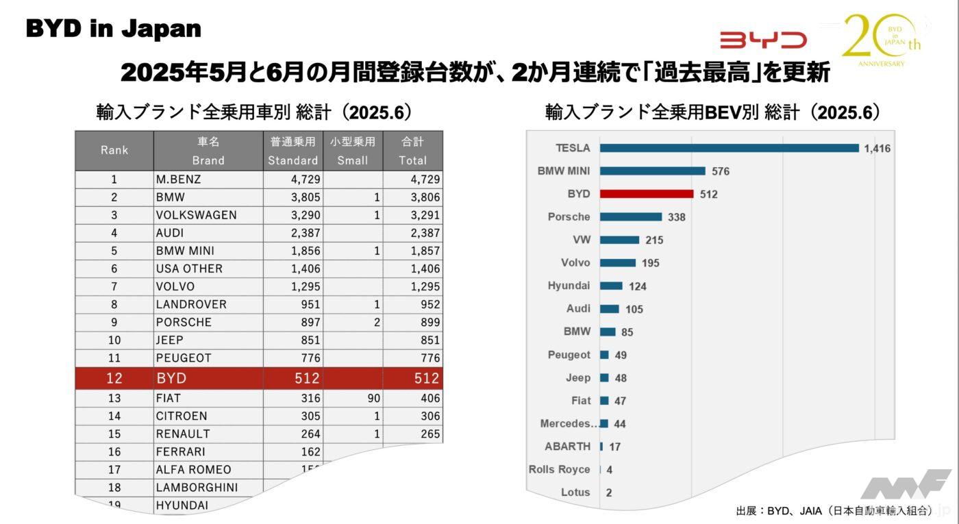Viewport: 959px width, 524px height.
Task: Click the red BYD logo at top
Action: click(762, 40)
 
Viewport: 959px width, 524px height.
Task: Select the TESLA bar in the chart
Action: click(729, 148)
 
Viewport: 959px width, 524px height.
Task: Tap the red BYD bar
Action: click(647, 194)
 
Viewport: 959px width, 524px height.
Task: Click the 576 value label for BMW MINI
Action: click(720, 171)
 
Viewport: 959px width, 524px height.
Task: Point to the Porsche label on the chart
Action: click(569, 216)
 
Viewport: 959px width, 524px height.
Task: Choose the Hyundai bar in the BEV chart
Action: click(611, 286)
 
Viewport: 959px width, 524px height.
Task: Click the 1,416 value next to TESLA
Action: click(877, 149)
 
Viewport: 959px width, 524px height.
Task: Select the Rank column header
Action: click(114, 151)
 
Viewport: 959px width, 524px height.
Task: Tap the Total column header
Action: click(412, 151)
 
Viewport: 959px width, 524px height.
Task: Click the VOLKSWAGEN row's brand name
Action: click(196, 215)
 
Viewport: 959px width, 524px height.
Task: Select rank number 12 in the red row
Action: click(114, 378)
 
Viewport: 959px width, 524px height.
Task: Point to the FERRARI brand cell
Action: click(180, 451)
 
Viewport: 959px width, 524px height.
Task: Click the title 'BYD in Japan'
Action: click(114, 28)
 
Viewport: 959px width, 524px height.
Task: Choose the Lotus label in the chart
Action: click(575, 492)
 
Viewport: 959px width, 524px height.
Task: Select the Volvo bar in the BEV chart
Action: click(617, 263)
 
